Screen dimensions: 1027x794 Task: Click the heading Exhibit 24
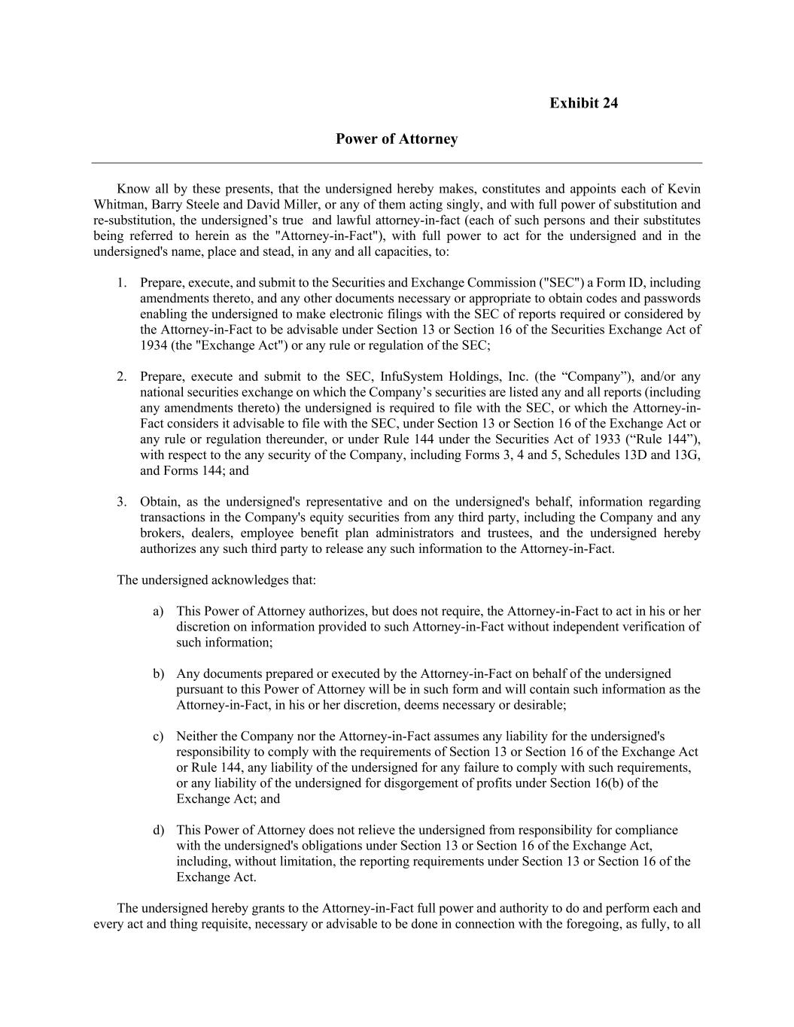[583, 103]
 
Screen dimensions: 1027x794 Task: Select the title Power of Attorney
[397, 139]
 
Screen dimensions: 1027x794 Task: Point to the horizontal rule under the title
[397, 163]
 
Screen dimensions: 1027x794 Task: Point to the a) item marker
[158, 612]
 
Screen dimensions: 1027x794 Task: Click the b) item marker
[158, 674]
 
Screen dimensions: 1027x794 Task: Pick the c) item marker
[158, 737]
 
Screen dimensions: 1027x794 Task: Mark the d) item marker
[158, 831]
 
